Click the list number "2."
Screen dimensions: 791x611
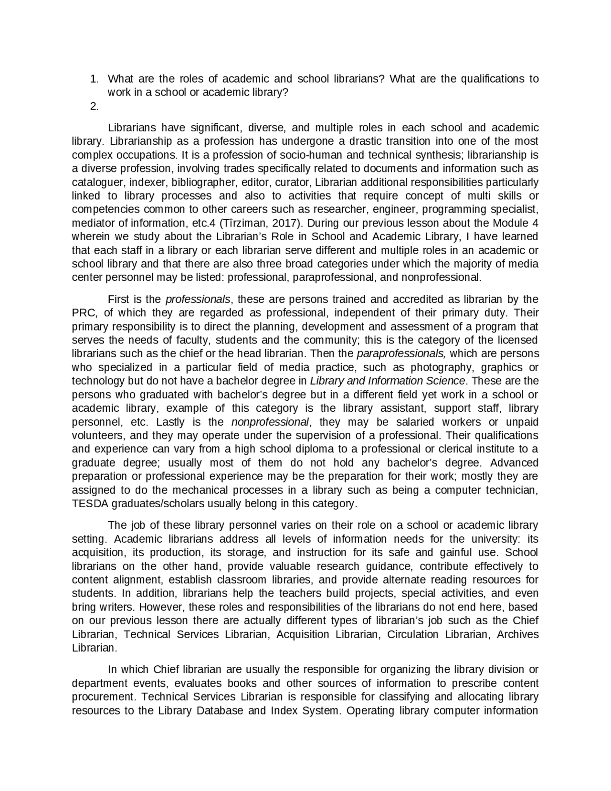[94, 107]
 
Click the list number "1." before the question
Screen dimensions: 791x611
[94, 79]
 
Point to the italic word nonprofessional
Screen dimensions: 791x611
[270, 422]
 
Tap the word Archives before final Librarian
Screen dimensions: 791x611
[517, 635]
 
